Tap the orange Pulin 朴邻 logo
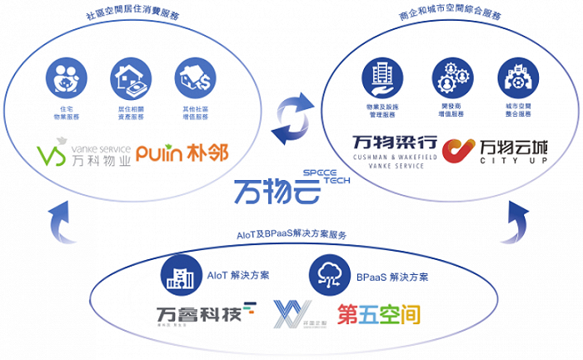click(x=182, y=154)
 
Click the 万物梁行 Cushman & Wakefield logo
click(x=394, y=150)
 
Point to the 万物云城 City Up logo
click(x=491, y=150)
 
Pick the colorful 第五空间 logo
click(x=378, y=314)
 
